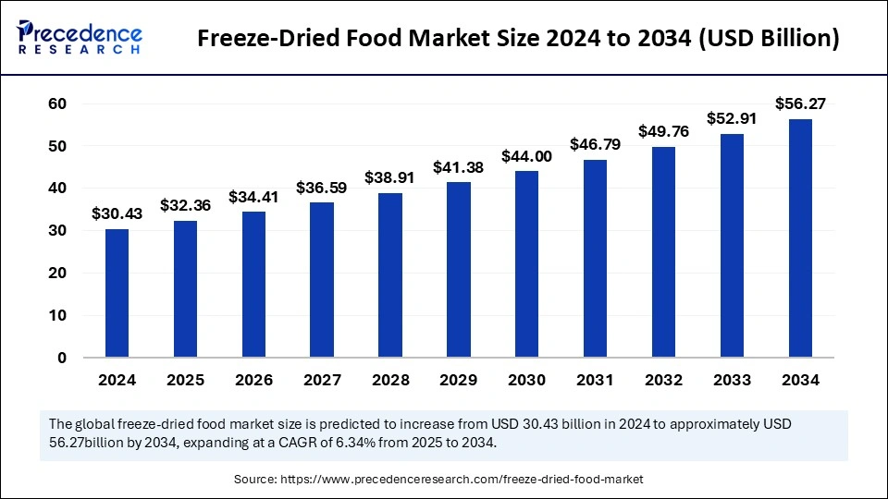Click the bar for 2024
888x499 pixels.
pos(117,293)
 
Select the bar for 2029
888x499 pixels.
pos(459,270)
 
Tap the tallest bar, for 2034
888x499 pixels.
pos(800,238)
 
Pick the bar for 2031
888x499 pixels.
pos(595,259)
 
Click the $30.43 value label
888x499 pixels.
pos(117,213)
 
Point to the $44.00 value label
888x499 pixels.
pos(527,156)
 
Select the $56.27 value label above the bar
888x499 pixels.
pos(800,104)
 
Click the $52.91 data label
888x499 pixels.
pos(732,118)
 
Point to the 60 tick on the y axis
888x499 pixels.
pos(57,103)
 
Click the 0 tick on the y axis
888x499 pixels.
pos(61,358)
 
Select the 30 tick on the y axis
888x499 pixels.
pos(57,230)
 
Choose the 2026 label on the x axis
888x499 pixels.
pos(253,380)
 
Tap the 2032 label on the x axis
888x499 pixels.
pos(663,380)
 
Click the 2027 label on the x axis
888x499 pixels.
pos(322,380)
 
